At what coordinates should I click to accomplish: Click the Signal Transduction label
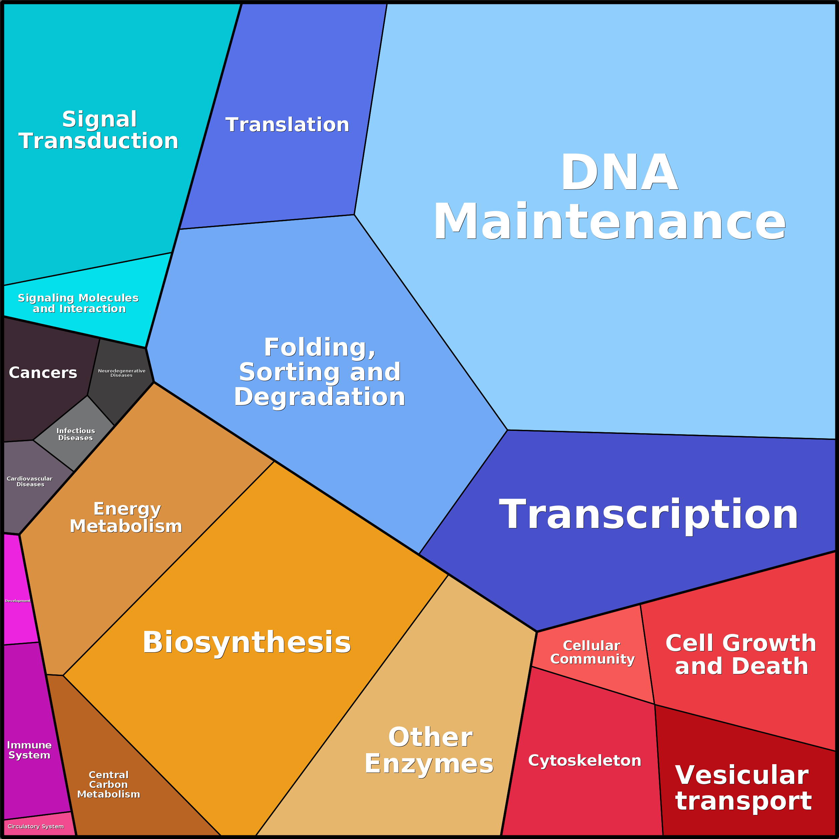coord(99,130)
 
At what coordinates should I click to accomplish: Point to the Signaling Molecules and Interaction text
coord(78,303)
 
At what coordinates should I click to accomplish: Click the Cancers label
coord(43,373)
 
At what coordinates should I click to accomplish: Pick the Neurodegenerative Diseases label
coord(122,373)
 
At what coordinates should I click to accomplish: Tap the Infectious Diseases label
coord(75,434)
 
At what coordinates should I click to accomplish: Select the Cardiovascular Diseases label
coord(29,481)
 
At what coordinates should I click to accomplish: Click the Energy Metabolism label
coord(126,517)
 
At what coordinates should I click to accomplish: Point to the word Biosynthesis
coord(247,642)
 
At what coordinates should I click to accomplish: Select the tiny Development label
coord(18,601)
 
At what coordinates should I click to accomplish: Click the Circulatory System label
coord(36,826)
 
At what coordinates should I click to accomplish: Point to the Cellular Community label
coord(592,652)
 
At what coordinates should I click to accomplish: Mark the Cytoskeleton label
coord(584,761)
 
